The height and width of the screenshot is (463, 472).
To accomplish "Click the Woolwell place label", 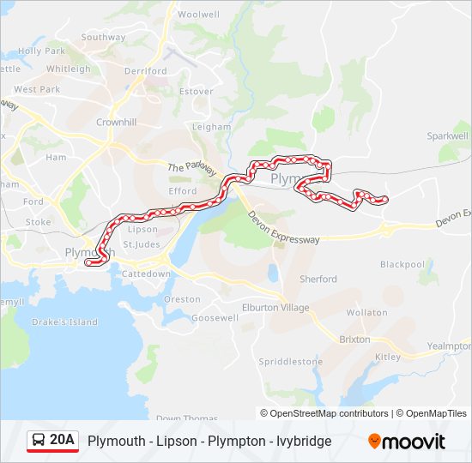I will coord(198,15).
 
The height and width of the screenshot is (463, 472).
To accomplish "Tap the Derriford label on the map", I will coord(146,71).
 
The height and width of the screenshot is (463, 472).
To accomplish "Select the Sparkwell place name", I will coord(448,136).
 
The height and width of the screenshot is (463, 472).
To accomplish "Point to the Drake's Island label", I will coord(65,322).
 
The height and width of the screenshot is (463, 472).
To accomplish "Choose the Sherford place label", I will coord(318,280).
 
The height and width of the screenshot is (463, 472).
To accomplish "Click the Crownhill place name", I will coord(116,123).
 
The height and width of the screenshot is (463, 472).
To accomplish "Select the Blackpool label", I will coord(402,265).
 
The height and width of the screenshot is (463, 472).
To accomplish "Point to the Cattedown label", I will coord(146,274).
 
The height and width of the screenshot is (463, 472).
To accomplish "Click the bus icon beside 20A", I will coord(39,441).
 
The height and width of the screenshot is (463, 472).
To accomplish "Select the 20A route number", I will coord(63,441).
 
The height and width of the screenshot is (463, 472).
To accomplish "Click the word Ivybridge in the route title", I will coord(303,442).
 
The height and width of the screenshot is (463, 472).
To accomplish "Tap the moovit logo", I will coord(407,442).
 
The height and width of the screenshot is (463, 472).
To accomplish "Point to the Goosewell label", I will coord(215,318).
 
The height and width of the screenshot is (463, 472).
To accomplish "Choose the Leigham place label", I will coord(211,127).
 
